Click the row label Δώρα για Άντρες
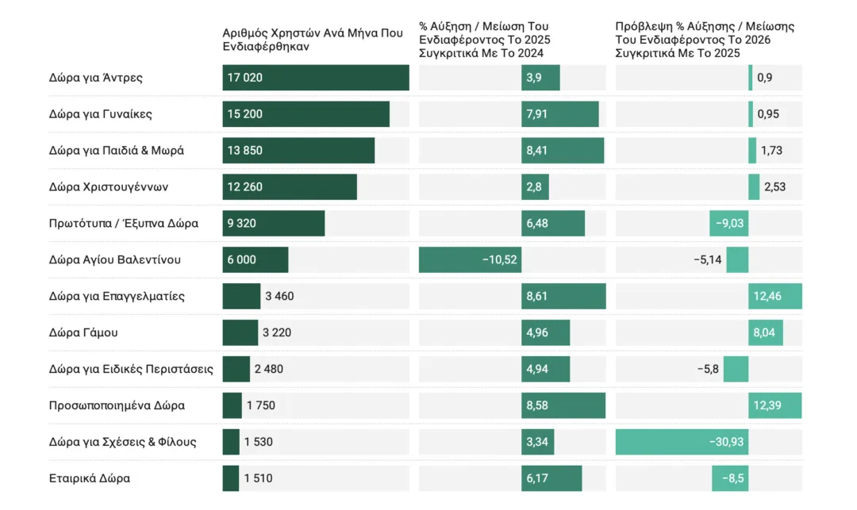95,78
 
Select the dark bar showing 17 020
316,78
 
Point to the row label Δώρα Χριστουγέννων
108,187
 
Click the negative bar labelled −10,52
470,260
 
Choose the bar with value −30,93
682,442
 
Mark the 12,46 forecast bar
774,297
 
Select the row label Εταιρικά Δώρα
90,478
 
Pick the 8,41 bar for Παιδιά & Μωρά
563,151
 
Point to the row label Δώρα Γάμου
83,333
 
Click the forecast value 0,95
768,114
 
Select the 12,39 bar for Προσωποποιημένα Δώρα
774,405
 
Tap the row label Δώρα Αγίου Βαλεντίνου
115,260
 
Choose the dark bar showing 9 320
274,224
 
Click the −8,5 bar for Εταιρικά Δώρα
730,478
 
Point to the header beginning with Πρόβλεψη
705,40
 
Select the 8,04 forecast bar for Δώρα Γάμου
765,333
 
